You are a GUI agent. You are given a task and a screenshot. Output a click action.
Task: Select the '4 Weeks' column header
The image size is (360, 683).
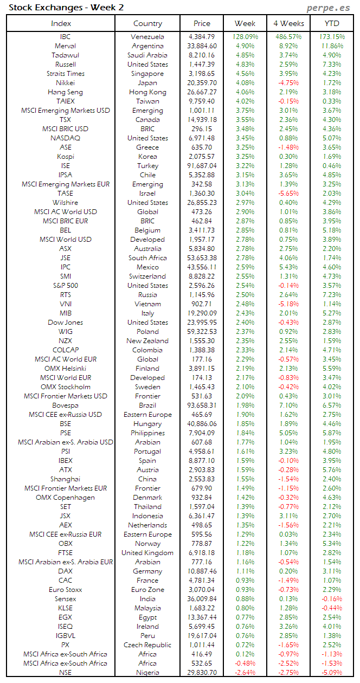(x=288, y=23)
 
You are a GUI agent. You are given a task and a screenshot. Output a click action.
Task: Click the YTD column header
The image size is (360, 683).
(x=332, y=23)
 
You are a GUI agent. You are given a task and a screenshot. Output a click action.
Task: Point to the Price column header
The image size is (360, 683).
(x=202, y=23)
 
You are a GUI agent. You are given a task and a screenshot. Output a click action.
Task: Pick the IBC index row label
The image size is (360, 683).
(x=65, y=37)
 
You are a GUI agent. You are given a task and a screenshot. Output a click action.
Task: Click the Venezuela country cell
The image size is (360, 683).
(x=147, y=37)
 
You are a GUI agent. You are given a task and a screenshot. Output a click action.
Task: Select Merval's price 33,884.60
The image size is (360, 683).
(x=203, y=46)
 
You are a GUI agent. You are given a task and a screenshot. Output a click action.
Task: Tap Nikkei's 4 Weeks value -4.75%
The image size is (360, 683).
(x=288, y=83)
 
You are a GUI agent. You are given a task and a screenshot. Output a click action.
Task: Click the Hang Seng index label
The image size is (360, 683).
(x=65, y=92)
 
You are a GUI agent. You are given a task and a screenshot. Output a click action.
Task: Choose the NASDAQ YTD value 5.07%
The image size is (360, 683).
(x=332, y=138)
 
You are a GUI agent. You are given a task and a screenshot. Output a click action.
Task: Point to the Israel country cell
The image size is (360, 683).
(x=147, y=194)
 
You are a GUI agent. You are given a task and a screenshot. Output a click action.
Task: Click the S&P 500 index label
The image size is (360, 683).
(x=65, y=286)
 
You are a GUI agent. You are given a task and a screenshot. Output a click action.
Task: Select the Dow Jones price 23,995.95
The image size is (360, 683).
(x=203, y=323)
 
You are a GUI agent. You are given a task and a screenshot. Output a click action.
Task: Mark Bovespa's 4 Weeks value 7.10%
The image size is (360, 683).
(x=288, y=405)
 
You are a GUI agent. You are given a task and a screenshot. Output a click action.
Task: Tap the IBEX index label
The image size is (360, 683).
(x=65, y=461)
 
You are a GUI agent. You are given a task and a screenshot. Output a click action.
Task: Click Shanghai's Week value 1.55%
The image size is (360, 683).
(x=246, y=479)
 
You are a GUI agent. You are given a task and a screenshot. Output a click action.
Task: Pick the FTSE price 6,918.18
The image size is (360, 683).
(x=203, y=553)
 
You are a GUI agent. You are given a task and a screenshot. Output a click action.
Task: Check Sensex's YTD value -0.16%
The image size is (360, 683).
(x=332, y=599)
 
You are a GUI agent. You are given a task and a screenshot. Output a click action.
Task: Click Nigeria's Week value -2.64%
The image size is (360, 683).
(x=246, y=673)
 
